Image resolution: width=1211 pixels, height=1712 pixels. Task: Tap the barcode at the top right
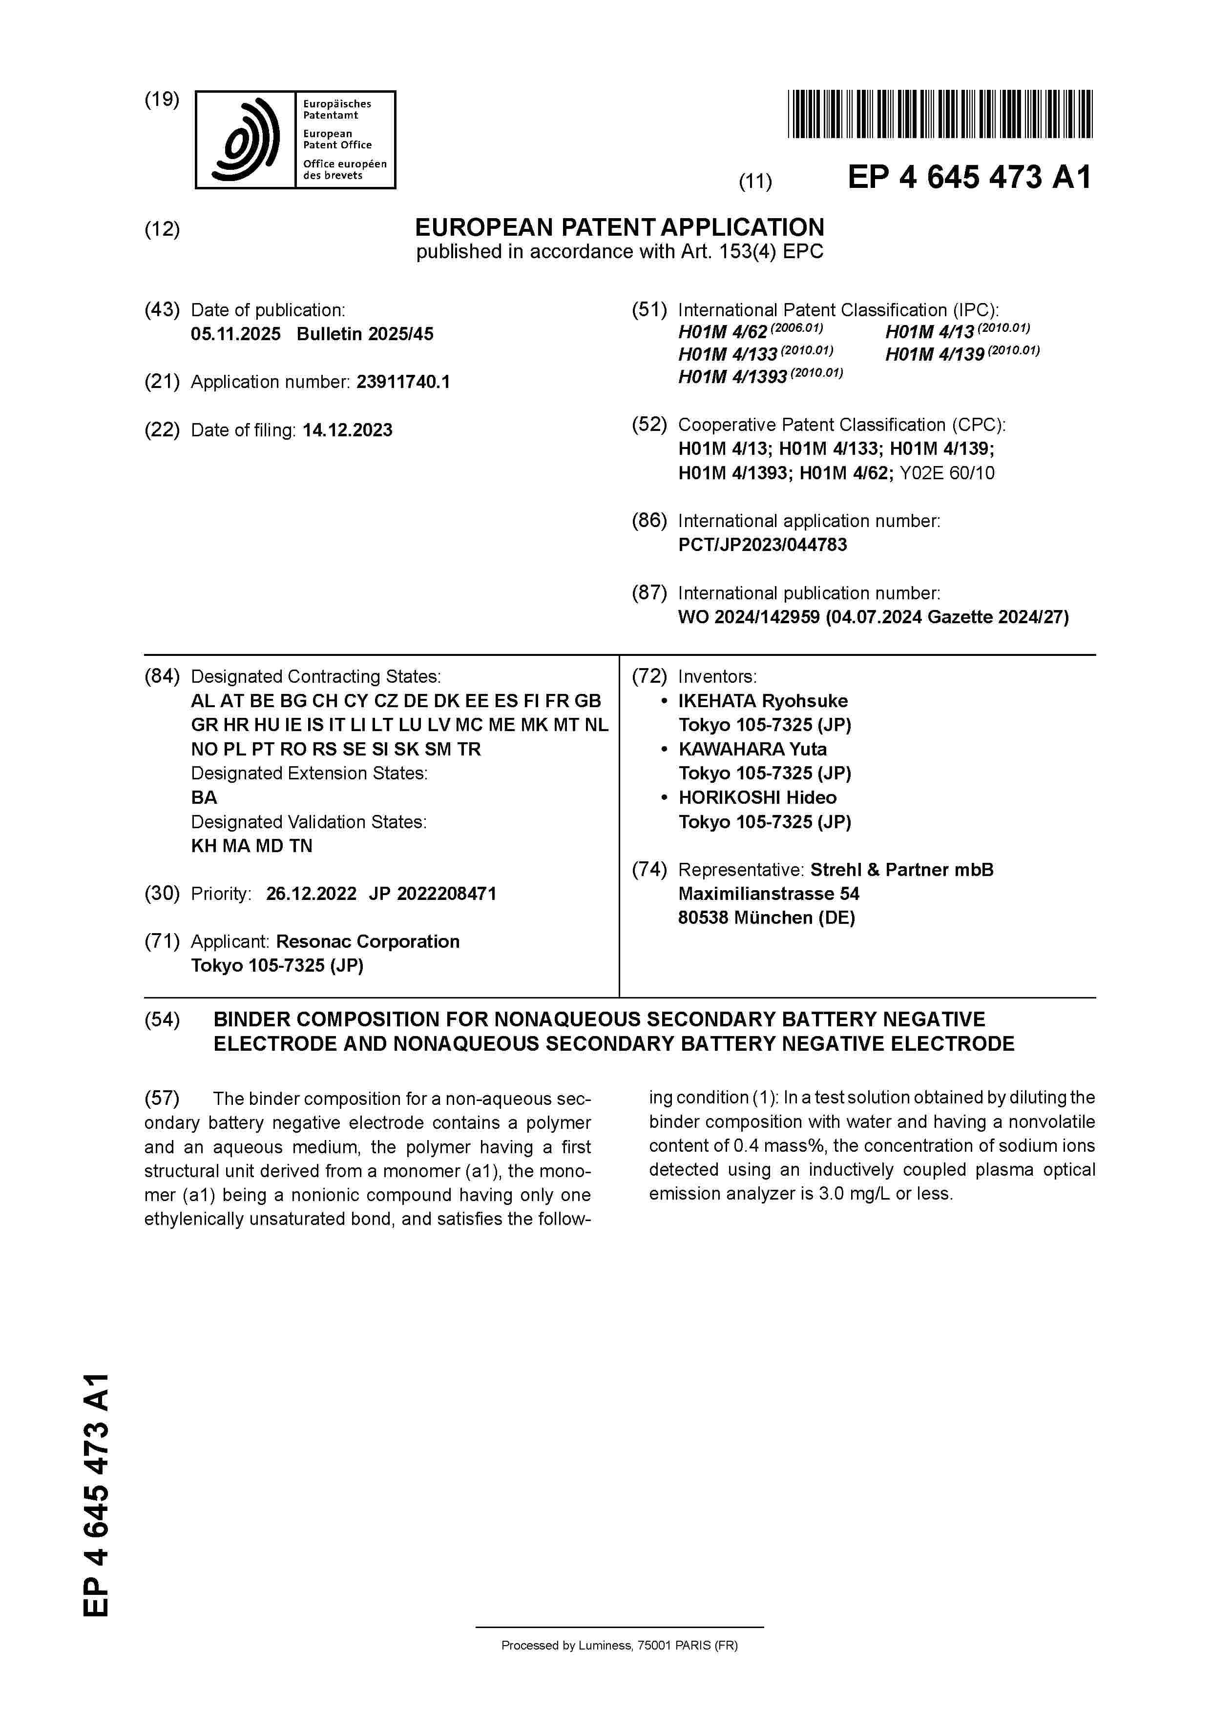coord(940,114)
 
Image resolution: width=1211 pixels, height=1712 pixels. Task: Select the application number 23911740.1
coord(403,383)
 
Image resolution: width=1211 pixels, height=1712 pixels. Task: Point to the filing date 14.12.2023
coord(347,430)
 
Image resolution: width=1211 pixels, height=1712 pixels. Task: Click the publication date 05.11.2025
coord(236,334)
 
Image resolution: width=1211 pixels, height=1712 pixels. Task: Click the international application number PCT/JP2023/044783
coord(762,545)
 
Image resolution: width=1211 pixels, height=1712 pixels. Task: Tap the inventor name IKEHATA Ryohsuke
coord(763,701)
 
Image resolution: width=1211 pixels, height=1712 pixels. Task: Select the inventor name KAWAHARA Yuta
coord(752,750)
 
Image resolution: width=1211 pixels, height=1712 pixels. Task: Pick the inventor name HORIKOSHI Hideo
coord(757,798)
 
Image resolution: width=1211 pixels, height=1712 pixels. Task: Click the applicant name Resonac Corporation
coord(368,942)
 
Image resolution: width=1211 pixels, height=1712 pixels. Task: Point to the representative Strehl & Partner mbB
coord(901,870)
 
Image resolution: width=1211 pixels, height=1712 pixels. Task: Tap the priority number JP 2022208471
coord(432,894)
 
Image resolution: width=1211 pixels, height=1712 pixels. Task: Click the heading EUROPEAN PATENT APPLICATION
coord(619,227)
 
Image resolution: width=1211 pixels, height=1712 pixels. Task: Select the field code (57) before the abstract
coord(162,1099)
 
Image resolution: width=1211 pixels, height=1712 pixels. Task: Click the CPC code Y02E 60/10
coord(947,473)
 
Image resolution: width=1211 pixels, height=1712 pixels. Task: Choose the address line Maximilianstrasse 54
coord(769,894)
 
